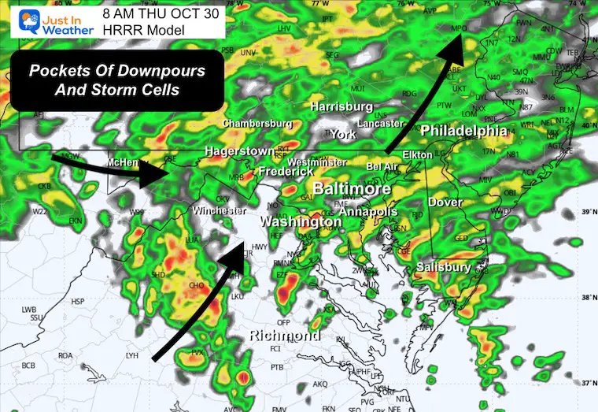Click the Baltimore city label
352,190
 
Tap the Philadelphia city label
463,130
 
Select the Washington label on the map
301,222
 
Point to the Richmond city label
284,336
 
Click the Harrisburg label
341,106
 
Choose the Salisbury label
444,267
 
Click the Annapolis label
368,213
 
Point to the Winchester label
220,211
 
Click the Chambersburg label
257,124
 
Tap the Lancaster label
379,124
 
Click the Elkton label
417,155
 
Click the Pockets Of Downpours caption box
117,80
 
